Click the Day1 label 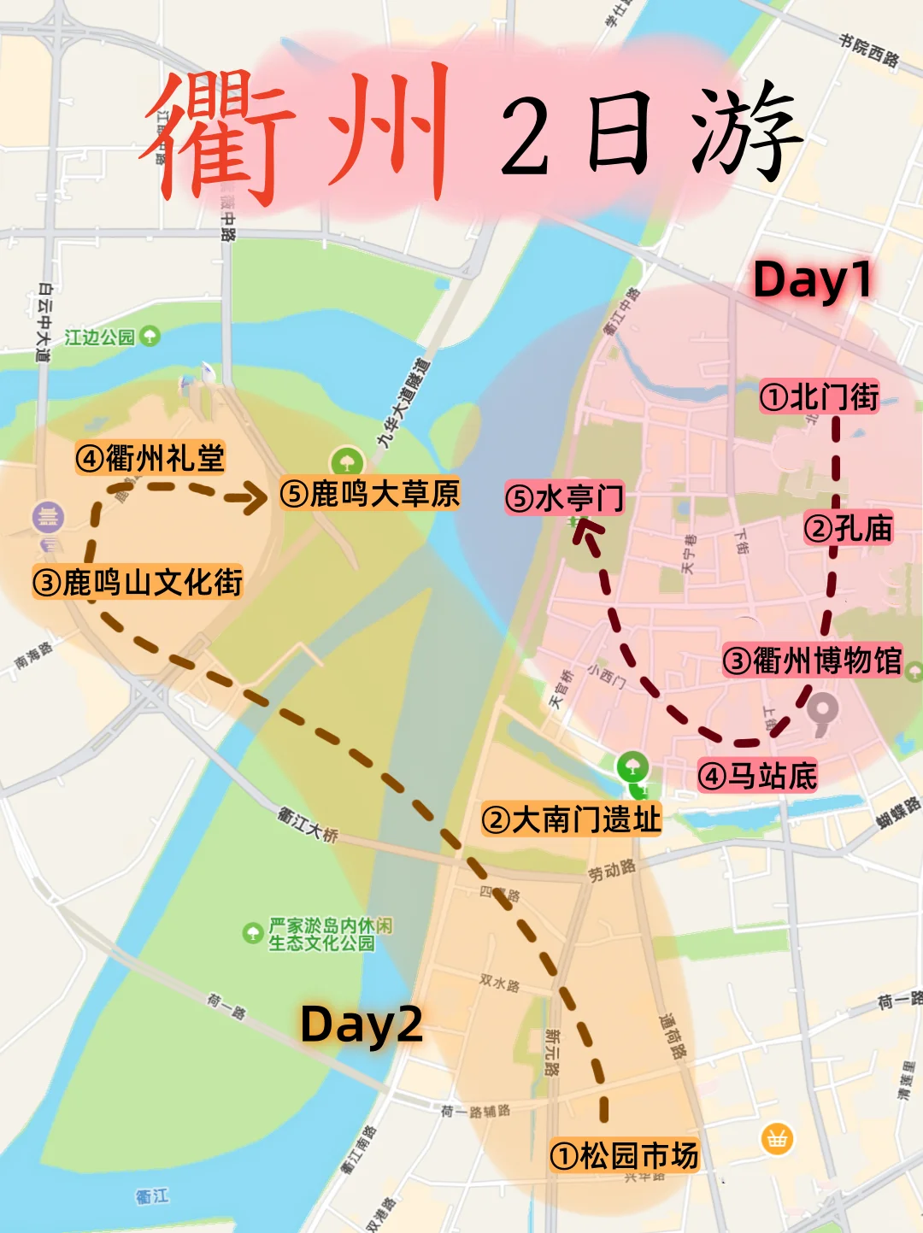pos(812,280)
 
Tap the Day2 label pos(362,1024)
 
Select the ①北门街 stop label pos(820,396)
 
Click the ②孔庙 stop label pos(848,528)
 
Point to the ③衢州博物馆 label pos(812,661)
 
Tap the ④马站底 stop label pos(757,776)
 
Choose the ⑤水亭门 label pos(565,497)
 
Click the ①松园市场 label pos(624,1155)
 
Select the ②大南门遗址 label pos(571,819)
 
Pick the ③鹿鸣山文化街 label pos(138,583)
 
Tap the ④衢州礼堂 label pos(150,459)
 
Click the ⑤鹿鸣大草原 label pos(370,494)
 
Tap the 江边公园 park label pos(100,337)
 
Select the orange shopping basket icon pos(777,1138)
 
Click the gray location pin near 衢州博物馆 pos(822,712)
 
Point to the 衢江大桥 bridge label pos(308,823)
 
